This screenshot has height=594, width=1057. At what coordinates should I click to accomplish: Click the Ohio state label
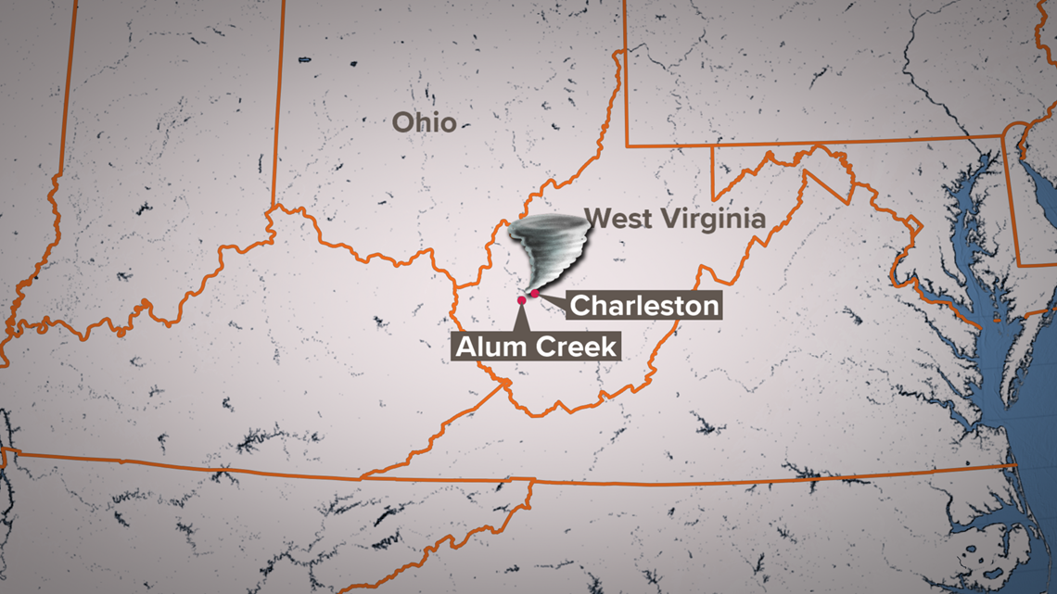[424, 122]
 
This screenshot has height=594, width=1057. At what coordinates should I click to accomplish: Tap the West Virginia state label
[676, 220]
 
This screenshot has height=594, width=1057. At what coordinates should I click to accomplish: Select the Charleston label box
[644, 305]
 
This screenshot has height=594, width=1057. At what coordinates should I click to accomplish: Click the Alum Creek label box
[536, 347]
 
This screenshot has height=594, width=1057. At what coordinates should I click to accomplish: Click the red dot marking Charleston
[534, 293]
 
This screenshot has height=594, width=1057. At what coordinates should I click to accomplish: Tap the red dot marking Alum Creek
[522, 300]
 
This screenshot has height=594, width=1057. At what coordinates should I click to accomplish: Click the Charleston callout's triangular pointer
[553, 299]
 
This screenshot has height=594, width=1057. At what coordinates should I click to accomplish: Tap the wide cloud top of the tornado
[547, 231]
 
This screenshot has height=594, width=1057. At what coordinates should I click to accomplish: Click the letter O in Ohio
[402, 122]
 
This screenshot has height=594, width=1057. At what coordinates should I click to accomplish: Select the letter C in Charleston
[581, 306]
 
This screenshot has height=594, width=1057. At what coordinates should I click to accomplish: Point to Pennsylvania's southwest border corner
[627, 145]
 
